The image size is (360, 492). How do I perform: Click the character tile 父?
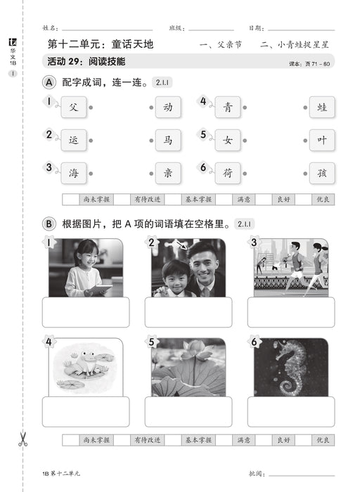(x=74, y=108)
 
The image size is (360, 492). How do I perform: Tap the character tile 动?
(x=167, y=108)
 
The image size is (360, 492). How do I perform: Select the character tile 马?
(x=167, y=140)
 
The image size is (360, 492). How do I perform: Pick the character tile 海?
(x=74, y=172)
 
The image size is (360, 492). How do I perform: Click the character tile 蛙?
(x=321, y=108)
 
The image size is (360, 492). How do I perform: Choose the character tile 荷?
(x=228, y=172)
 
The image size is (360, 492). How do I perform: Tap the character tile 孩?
(x=321, y=172)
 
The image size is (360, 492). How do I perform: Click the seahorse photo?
(x=290, y=367)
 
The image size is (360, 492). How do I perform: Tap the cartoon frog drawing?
(x=85, y=367)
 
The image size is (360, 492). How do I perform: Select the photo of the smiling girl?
(x=85, y=268)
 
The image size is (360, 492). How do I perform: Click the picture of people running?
(x=290, y=268)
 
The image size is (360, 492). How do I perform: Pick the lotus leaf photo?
(x=188, y=367)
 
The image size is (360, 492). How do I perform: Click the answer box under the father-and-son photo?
(x=188, y=312)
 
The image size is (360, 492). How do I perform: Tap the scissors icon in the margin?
(x=22, y=440)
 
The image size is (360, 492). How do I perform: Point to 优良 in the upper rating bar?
(x=323, y=199)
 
